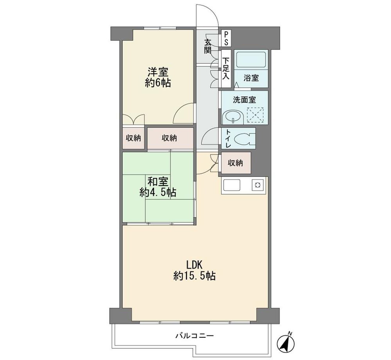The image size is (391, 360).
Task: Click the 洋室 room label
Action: tap(158, 72)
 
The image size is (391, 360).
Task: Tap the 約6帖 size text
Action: tap(158, 83)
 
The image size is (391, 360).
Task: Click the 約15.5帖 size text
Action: tap(194, 276)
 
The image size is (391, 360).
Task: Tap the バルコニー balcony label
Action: tap(194, 336)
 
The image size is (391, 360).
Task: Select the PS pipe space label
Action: tap(226, 38)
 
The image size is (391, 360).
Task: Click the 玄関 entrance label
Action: tap(208, 47)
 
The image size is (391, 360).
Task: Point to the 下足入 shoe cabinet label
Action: tap(226, 68)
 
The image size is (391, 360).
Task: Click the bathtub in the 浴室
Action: tap(251, 59)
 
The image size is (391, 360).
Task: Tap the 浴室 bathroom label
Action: tap(251, 78)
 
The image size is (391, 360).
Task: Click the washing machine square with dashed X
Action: tap(255, 115)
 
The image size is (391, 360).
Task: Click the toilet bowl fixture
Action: tap(245, 139)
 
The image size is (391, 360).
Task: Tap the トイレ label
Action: tap(228, 139)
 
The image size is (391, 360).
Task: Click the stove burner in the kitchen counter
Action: tap(258, 185)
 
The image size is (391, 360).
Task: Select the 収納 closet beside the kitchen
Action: tap(235, 163)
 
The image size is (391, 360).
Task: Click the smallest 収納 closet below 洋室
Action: tap(133, 138)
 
